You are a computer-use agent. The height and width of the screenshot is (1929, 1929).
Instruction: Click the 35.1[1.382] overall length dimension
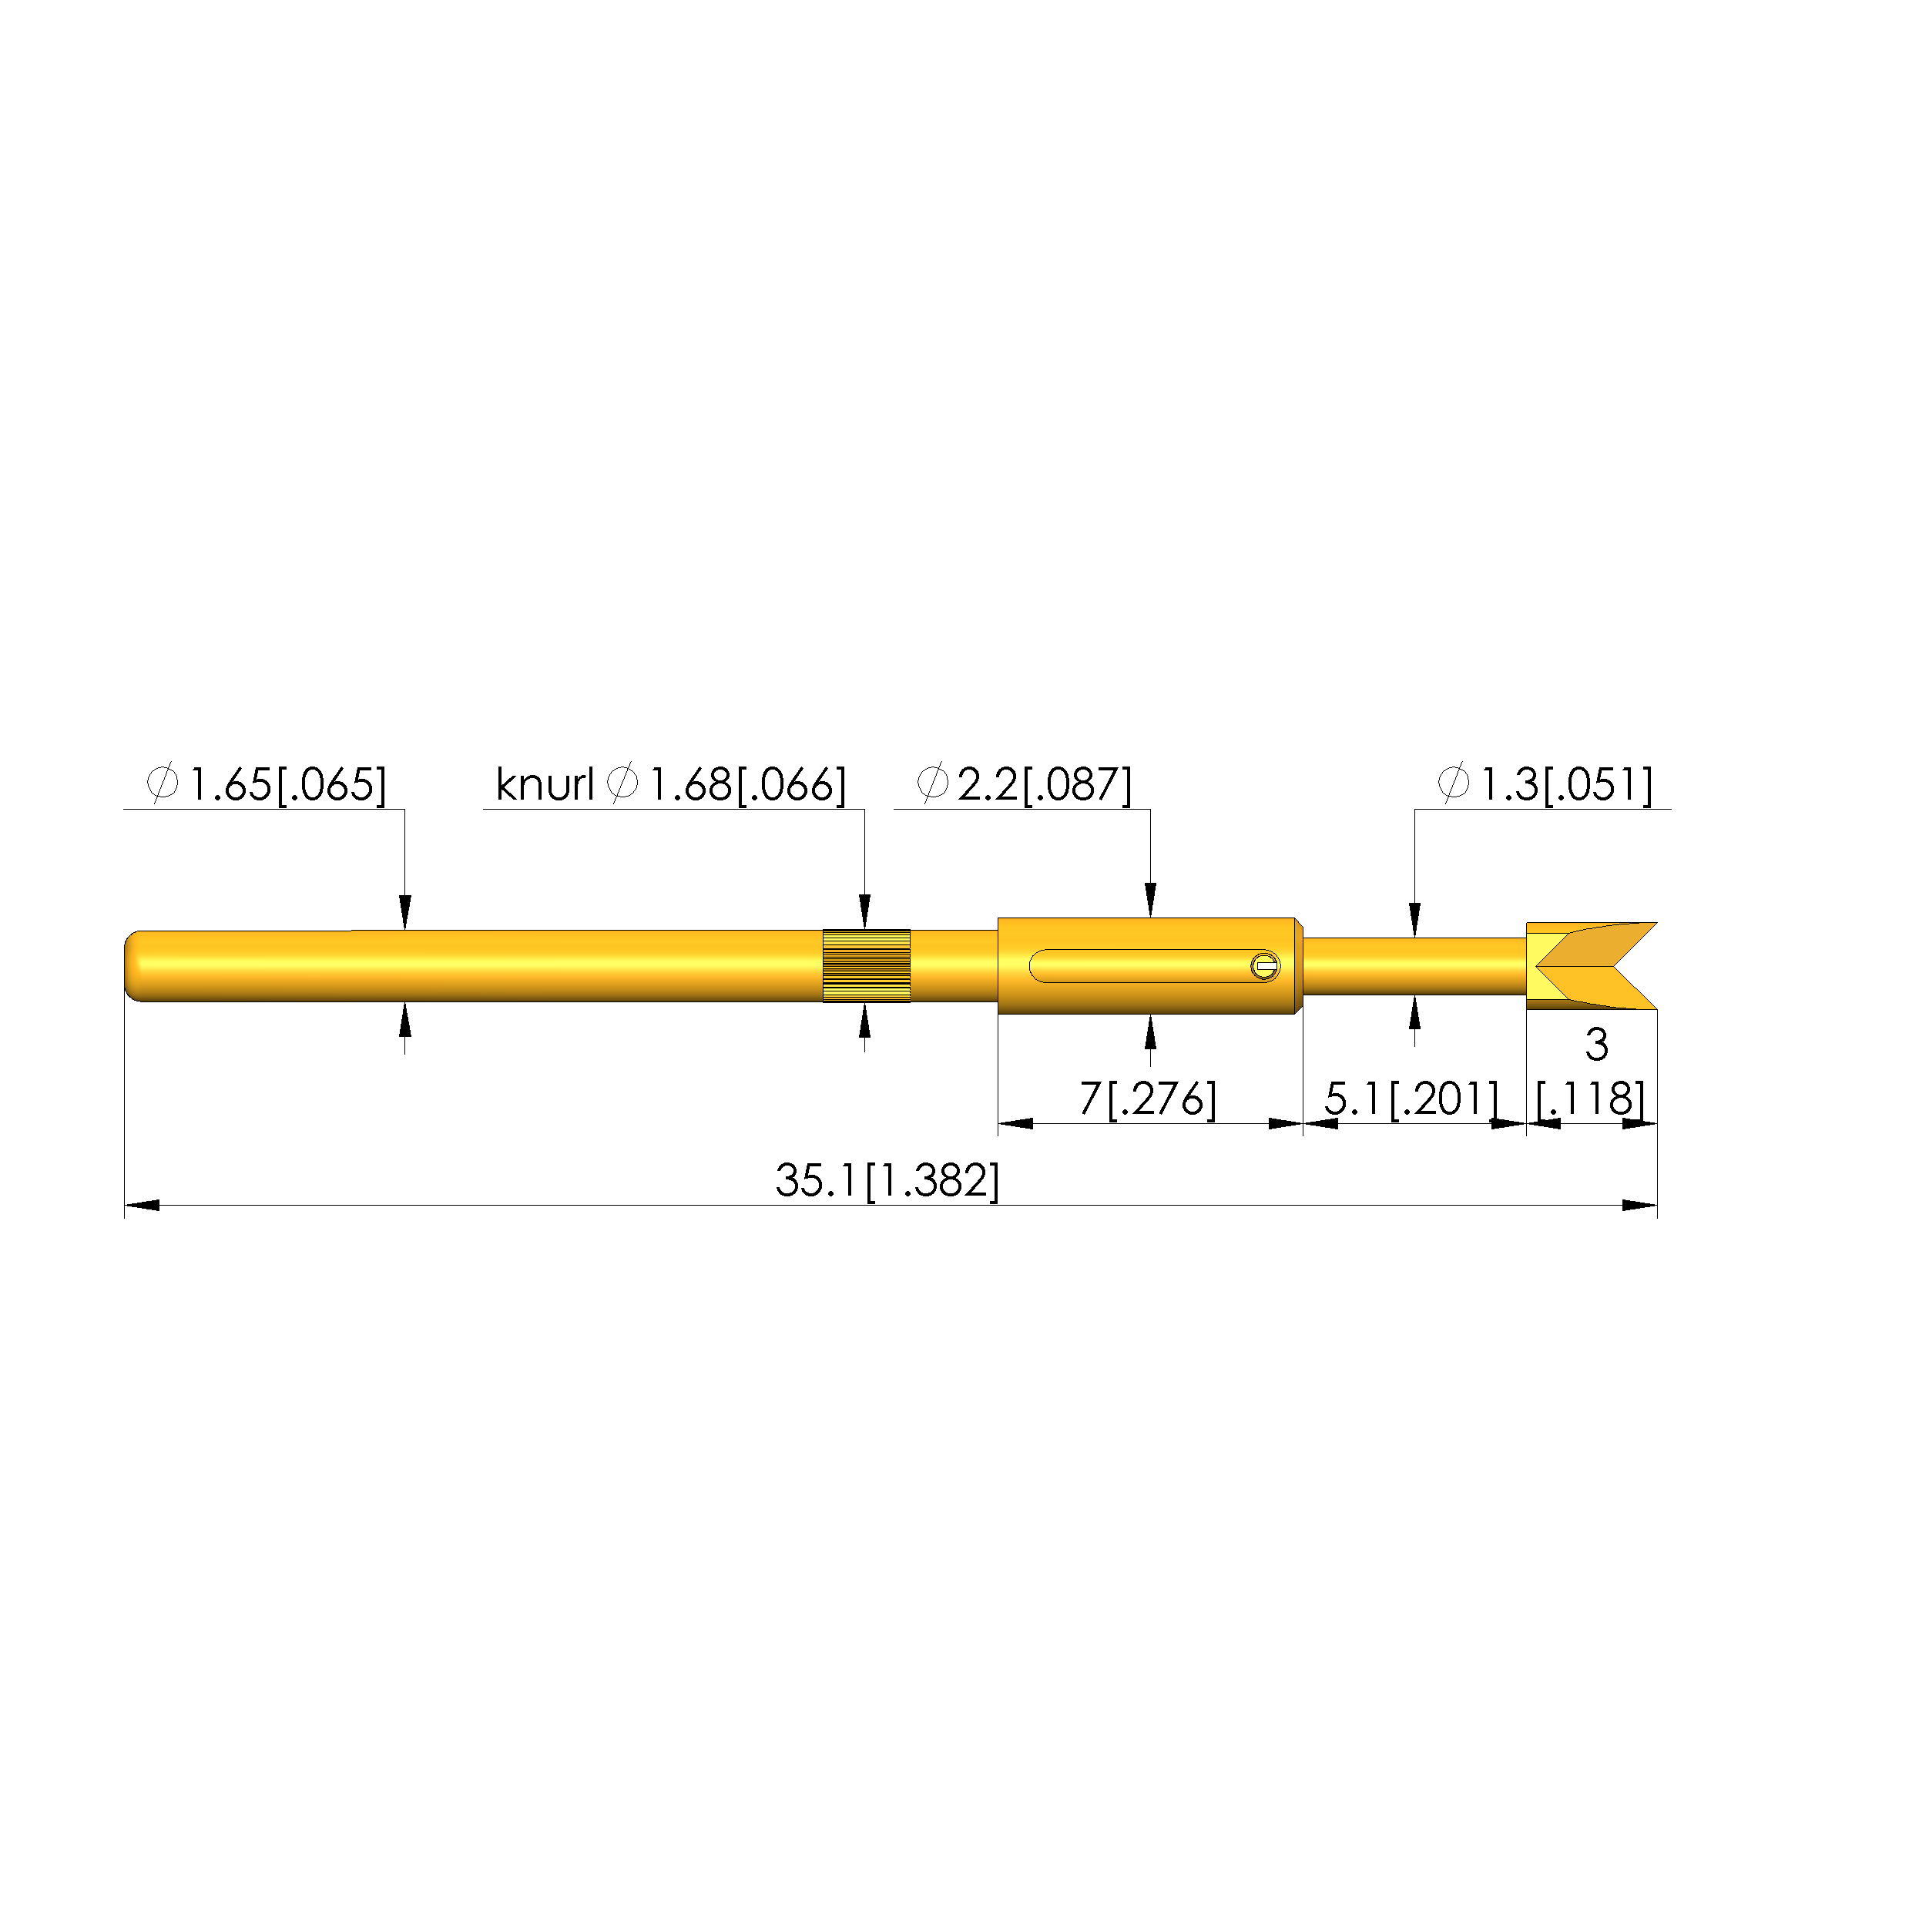tap(887, 1181)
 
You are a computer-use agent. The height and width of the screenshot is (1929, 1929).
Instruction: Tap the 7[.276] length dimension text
tap(1148, 1099)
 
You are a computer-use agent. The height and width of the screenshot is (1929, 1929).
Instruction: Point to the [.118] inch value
tap(1591, 1099)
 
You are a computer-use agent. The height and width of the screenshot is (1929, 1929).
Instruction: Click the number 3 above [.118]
tap(1596, 1045)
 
